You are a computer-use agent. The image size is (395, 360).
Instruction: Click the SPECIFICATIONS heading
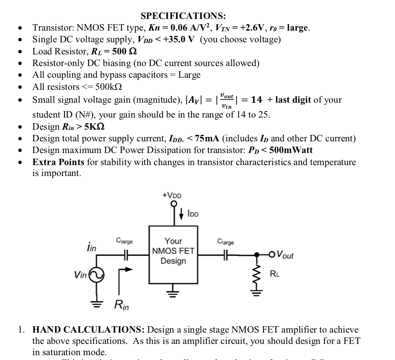(183, 16)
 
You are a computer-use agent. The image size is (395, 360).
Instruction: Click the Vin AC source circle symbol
(97, 276)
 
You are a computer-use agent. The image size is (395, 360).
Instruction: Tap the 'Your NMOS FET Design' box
(173, 251)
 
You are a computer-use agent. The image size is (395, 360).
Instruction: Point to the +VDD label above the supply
(172, 195)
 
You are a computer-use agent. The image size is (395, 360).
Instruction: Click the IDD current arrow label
(193, 214)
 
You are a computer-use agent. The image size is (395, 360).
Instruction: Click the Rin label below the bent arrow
(122, 306)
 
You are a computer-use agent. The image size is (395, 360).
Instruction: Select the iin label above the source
(91, 247)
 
